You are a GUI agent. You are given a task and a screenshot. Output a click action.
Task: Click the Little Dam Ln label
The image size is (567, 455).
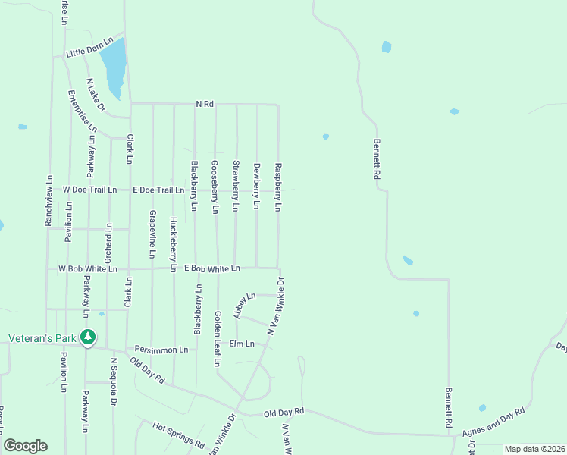[x=89, y=47]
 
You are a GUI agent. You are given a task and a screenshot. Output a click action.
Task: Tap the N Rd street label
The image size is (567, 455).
[x=205, y=103]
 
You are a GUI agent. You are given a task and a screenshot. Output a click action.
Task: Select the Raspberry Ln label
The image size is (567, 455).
[x=278, y=186]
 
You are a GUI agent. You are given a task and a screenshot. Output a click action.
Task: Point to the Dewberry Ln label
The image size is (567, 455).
[x=257, y=186]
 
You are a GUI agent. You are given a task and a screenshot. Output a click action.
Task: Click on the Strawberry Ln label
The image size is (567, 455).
[x=236, y=185]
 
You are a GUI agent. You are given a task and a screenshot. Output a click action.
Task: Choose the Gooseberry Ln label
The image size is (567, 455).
[x=215, y=186]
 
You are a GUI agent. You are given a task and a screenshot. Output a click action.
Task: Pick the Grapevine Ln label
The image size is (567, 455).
[x=152, y=234]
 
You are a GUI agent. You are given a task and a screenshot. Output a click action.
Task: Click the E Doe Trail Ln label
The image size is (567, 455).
[x=158, y=190]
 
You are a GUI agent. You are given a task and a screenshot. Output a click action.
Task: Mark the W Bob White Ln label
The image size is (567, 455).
[x=88, y=268]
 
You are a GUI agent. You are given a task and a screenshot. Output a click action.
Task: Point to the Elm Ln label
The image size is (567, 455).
[x=241, y=344]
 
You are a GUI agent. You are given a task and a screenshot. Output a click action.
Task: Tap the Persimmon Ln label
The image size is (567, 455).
[x=161, y=350]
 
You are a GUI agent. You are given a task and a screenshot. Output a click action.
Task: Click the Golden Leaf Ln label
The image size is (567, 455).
[x=217, y=339]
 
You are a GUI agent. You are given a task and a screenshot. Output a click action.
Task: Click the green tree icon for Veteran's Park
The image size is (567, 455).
[x=88, y=337]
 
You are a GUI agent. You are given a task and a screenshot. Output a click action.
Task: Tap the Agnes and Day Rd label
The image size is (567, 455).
[x=493, y=422]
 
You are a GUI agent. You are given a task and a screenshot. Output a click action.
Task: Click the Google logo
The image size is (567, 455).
[x=25, y=446]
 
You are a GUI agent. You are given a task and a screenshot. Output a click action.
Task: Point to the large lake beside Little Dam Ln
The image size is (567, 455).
[x=114, y=67]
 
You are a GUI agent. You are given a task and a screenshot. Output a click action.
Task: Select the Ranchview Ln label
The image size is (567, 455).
[x=49, y=202]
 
